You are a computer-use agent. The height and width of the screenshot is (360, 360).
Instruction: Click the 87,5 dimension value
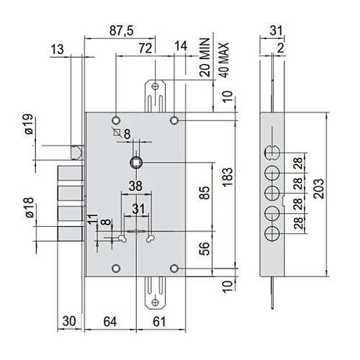[x=121, y=31]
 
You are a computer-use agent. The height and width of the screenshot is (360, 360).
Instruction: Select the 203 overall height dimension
[x=319, y=189]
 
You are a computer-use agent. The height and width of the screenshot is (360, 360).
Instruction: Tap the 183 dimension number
[x=228, y=177]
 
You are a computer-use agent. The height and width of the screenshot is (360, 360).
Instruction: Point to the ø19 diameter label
[x=28, y=124]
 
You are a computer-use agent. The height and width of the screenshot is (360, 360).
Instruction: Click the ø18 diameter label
[x=30, y=207]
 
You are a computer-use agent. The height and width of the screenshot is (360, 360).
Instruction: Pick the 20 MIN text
[x=204, y=57]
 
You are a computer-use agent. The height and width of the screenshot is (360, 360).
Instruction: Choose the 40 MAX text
[x=224, y=60]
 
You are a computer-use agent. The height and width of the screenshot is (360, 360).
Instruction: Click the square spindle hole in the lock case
[x=136, y=163]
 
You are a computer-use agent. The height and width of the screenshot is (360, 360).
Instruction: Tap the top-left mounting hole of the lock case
[x=116, y=120]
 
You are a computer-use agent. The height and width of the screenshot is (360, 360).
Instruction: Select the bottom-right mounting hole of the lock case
[x=174, y=269]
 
